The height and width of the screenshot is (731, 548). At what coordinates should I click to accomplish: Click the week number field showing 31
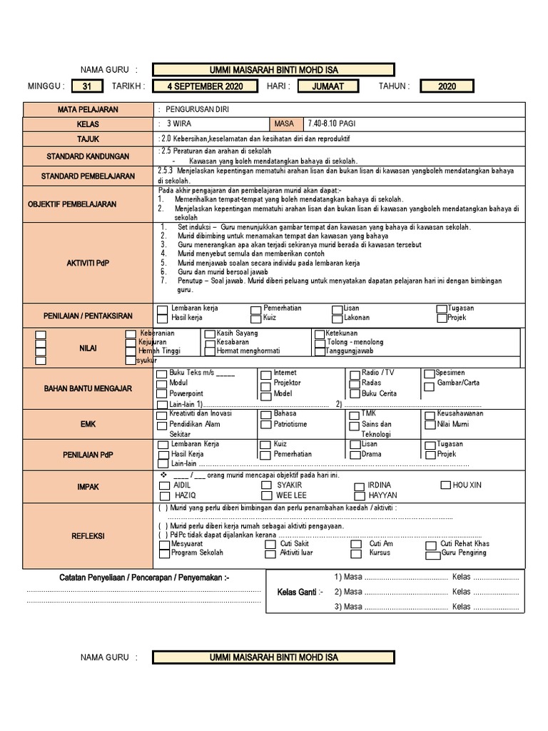point(87,86)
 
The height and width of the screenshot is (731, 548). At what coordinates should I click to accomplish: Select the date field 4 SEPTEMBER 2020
point(205,86)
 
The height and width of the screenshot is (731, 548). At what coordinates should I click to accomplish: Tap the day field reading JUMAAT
point(328,86)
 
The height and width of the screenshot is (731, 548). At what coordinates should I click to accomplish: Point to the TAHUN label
point(394,86)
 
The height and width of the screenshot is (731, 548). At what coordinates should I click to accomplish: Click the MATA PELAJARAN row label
point(88,110)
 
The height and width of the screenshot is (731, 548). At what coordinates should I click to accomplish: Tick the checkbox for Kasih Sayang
point(210,333)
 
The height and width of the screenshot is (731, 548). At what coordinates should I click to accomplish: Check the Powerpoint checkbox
point(162,394)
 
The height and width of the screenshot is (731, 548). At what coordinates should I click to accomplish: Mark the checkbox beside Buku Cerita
point(355,394)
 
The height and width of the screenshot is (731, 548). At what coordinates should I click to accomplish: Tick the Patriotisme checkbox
point(265,425)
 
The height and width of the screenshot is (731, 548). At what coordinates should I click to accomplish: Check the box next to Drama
point(355,455)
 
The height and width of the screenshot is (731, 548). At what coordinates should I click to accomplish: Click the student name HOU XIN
point(467,485)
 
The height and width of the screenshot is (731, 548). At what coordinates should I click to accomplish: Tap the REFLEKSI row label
point(88,535)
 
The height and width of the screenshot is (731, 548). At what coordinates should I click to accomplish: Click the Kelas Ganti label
point(300,592)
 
